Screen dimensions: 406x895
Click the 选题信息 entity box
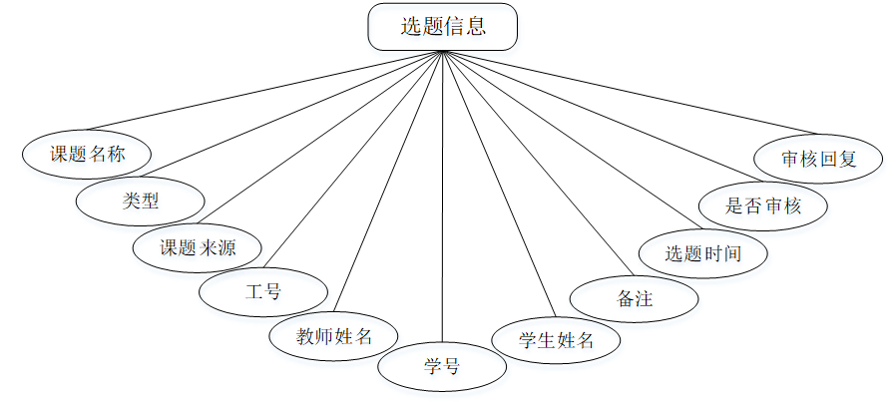click(443, 27)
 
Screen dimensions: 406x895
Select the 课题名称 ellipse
click(87, 154)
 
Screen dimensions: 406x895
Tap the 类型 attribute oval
click(141, 201)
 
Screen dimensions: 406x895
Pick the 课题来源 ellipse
click(198, 247)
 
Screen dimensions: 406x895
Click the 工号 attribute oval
click(262, 292)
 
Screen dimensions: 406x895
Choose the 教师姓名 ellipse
click(333, 335)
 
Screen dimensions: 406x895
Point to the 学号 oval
click(441, 366)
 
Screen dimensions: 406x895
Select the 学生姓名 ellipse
click(556, 339)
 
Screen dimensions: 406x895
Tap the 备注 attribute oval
click(633, 298)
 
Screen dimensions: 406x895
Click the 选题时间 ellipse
click(702, 252)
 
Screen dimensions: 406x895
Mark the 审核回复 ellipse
click(818, 159)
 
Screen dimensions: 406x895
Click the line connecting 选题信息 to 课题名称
click(264, 89)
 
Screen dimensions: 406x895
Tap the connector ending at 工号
click(354, 161)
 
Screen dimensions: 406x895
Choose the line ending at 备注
click(536, 162)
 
